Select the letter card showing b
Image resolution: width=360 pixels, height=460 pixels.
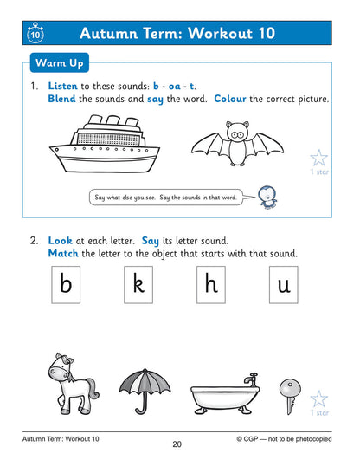(x=66, y=285)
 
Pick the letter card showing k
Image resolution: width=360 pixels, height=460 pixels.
(x=138, y=285)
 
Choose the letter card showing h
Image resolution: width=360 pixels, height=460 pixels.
(x=211, y=285)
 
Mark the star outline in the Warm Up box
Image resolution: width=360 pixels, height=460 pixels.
(x=319, y=158)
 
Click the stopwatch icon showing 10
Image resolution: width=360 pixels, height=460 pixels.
(x=35, y=35)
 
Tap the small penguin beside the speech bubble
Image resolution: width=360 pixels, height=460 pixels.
(x=268, y=199)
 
